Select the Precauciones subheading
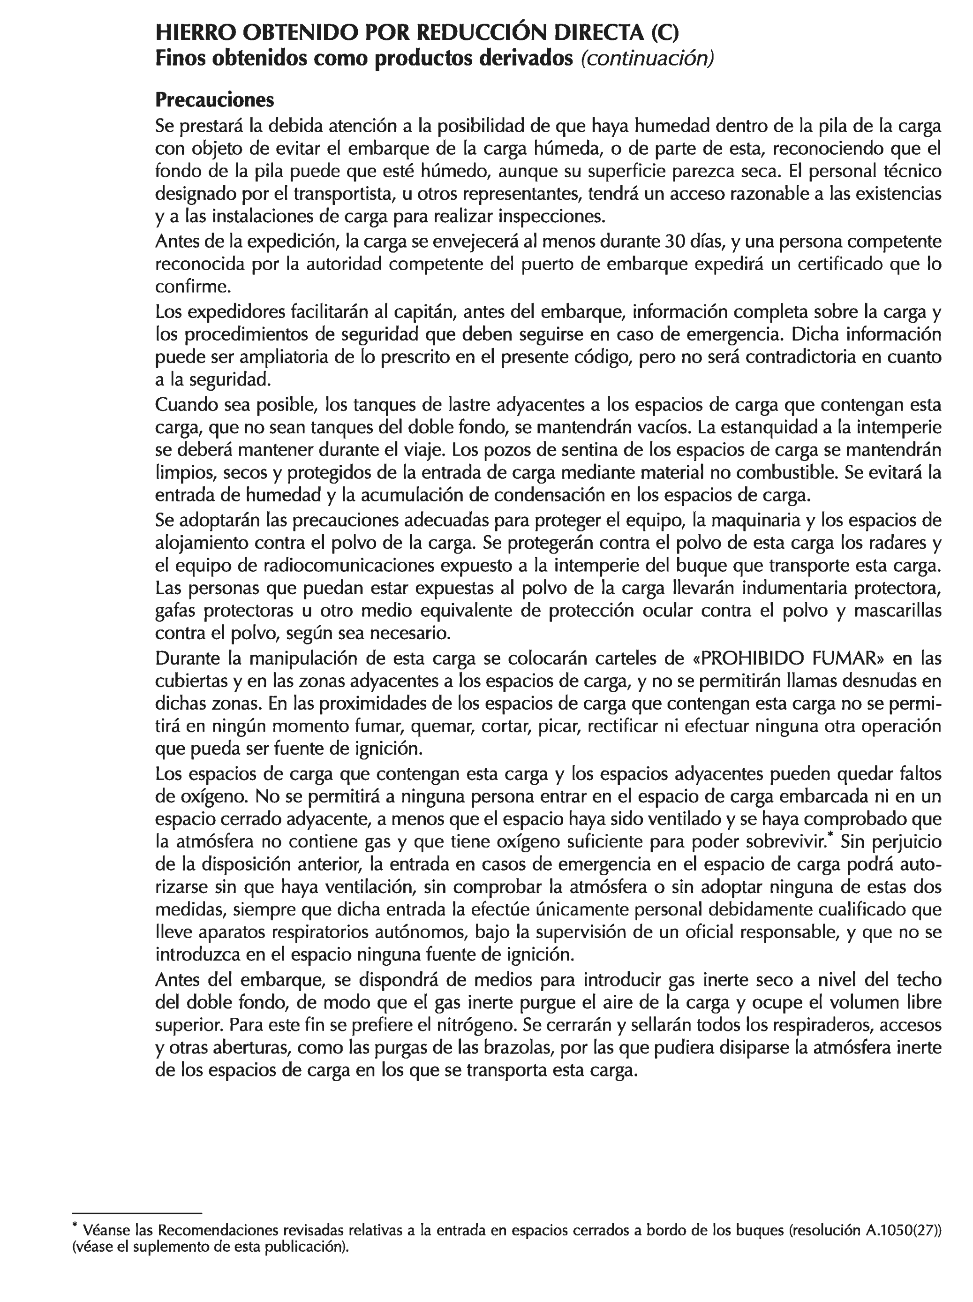pos(214,100)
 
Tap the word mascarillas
pos(898,611)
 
